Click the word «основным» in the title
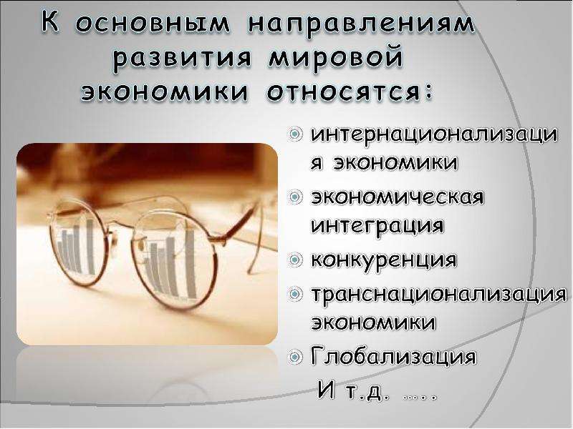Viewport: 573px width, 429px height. [x=153, y=24]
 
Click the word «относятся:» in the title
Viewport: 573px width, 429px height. [x=350, y=92]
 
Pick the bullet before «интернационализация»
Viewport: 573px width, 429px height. [x=295, y=135]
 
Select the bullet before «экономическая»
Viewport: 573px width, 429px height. [x=295, y=198]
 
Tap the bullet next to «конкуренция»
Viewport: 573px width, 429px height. [x=295, y=260]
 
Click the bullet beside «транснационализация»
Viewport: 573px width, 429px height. [x=295, y=294]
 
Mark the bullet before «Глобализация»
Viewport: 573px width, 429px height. [x=295, y=357]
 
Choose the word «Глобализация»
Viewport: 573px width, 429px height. [x=393, y=356]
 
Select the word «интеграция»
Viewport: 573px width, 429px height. [x=377, y=226]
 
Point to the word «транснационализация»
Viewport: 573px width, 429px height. [x=439, y=295]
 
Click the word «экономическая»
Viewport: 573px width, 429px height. [x=398, y=197]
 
